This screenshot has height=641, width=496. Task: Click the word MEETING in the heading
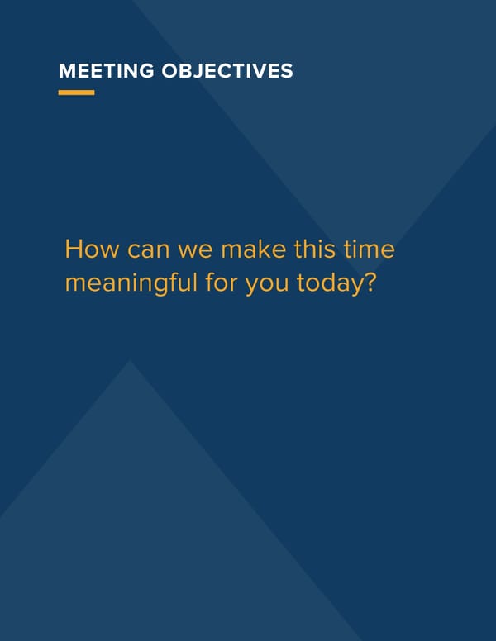[107, 71]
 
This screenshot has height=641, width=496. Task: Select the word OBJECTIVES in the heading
[227, 71]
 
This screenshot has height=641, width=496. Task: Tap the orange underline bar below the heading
[77, 93]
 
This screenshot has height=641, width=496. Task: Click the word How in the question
[92, 249]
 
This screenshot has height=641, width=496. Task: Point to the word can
[149, 250]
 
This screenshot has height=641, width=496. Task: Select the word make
[253, 249]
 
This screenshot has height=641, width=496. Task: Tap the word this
[315, 249]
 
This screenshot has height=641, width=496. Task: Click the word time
[370, 249]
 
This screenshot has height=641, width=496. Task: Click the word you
[267, 285]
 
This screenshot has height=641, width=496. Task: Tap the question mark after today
[370, 282]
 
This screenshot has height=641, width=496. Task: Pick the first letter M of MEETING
[67, 71]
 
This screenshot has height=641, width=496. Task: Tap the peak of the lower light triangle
[130, 361]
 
